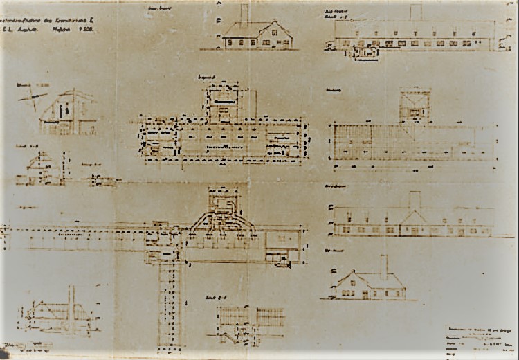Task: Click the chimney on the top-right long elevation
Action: (x=416, y=12)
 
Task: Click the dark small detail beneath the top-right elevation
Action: (x=366, y=53)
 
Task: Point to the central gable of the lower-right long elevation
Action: (x=415, y=220)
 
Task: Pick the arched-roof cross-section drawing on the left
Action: (x=67, y=112)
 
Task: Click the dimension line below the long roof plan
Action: (x=414, y=167)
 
